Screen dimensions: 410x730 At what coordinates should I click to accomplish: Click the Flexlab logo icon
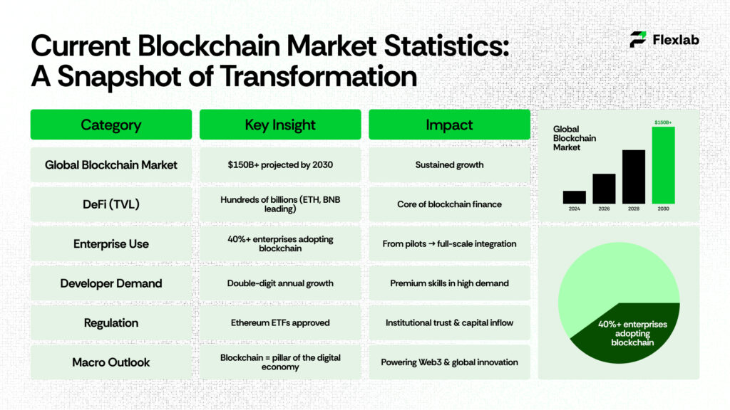point(638,40)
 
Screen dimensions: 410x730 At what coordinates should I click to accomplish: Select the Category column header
point(111,125)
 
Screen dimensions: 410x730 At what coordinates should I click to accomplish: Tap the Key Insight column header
point(280,125)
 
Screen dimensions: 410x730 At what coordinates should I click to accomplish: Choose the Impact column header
point(449,125)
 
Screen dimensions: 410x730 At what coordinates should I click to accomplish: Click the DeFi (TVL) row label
point(111,204)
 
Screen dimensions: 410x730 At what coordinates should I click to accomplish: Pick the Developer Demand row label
point(111,283)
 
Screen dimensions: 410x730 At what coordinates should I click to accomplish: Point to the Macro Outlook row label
point(111,362)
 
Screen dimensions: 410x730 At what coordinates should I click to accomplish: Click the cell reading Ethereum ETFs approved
point(280,322)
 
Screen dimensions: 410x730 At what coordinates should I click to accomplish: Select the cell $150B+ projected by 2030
point(280,164)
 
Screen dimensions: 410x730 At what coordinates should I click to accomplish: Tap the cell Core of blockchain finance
point(449,204)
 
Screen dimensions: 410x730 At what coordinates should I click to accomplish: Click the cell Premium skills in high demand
point(449,283)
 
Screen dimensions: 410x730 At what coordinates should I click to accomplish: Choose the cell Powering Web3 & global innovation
point(449,362)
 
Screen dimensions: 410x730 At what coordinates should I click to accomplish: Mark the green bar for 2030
point(663,165)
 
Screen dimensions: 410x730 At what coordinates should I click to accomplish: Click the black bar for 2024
point(574,197)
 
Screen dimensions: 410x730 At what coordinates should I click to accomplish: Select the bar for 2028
point(633,177)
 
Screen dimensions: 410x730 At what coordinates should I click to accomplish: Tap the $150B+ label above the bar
point(663,122)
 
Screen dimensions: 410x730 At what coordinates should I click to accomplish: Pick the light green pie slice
point(606,285)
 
